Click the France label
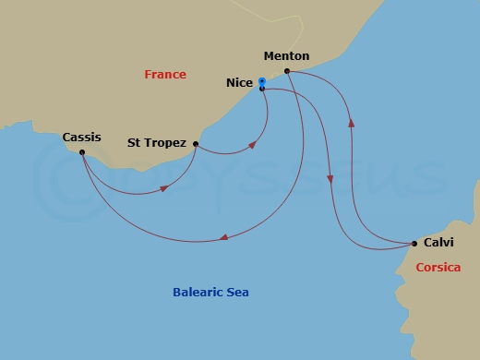tap(165, 75)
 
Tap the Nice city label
tap(239, 83)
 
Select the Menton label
tap(285, 56)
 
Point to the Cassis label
tap(81, 138)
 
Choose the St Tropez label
tap(158, 143)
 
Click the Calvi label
tap(438, 244)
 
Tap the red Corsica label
tap(438, 267)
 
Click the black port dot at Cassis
tap(82, 152)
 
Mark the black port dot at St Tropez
tap(196, 143)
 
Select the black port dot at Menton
tap(288, 71)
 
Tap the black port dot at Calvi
tap(414, 244)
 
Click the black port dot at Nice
tap(262, 89)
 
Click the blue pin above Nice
tap(262, 81)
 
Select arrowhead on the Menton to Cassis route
tap(223, 239)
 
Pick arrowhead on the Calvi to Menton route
tap(351, 123)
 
